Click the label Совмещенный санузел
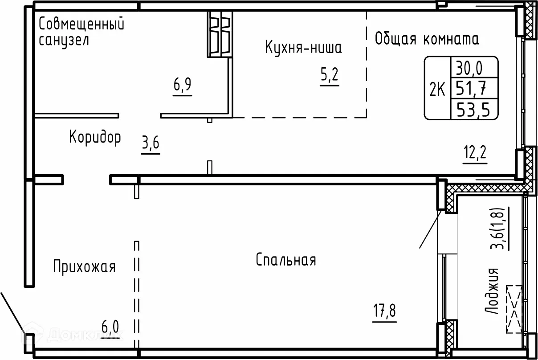pos(81,31)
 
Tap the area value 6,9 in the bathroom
pos(183,84)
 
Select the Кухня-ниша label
pos(303,47)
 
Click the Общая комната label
pos(427,39)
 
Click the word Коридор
pos(95,138)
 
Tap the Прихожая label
pos(84,267)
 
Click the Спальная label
pos(286,260)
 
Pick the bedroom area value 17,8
pos(383,310)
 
